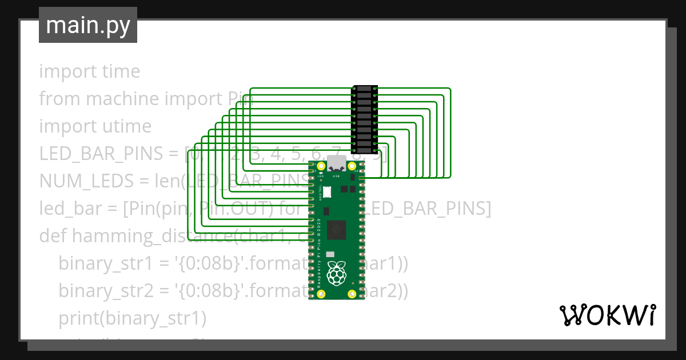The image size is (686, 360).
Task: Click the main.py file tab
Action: [87, 25]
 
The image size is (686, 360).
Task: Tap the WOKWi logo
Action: [607, 315]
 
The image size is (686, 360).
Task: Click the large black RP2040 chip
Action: [336, 230]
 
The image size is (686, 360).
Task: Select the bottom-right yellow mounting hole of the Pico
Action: [352, 294]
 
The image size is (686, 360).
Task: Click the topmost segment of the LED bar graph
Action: [364, 89]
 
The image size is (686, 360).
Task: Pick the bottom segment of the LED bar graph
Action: [364, 151]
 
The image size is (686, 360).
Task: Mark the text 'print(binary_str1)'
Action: [132, 318]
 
